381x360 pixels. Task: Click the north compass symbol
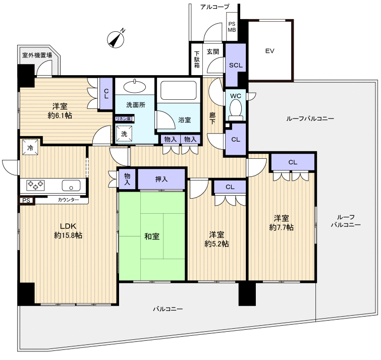click(116, 39)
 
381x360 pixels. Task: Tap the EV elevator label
click(269, 51)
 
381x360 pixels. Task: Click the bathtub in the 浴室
click(178, 90)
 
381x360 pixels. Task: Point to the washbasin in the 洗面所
click(135, 86)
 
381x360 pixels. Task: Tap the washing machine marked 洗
click(124, 134)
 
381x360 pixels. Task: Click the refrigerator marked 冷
click(30, 147)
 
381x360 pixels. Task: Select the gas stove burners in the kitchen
click(35, 185)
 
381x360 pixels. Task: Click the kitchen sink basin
click(71, 186)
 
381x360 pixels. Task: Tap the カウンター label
click(68, 200)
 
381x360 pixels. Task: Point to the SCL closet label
click(236, 66)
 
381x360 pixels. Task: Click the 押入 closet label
click(161, 179)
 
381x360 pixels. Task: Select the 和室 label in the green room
click(152, 236)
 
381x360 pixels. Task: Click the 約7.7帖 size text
click(282, 227)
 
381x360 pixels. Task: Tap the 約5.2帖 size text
click(216, 244)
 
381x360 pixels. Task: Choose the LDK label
click(68, 226)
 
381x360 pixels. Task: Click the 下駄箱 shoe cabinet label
click(197, 59)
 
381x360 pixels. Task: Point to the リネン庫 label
click(123, 119)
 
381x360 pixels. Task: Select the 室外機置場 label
click(37, 55)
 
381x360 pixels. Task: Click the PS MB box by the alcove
click(232, 27)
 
